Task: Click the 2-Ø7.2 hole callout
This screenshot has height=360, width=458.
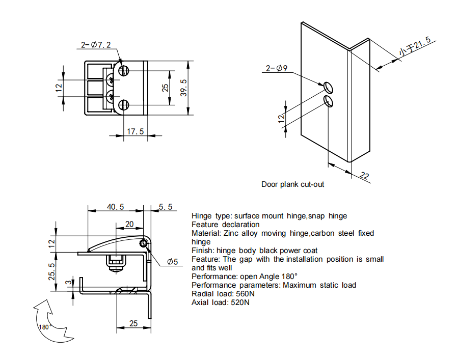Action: click(96, 45)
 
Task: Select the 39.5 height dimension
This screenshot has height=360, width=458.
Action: click(184, 88)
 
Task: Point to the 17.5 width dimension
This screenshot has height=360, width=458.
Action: click(135, 131)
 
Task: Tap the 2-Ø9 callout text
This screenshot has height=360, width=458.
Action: click(277, 68)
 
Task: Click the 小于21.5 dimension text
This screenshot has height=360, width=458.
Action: click(415, 46)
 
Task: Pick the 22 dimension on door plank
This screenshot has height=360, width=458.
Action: click(364, 176)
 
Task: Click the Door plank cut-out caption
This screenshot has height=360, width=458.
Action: click(292, 184)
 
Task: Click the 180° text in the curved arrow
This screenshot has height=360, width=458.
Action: click(45, 327)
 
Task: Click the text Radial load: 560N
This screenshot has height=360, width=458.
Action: click(224, 294)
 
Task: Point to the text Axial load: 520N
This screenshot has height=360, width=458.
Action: click(221, 302)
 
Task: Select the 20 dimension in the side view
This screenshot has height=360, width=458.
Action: click(129, 224)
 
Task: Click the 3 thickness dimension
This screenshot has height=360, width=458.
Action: click(68, 284)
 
